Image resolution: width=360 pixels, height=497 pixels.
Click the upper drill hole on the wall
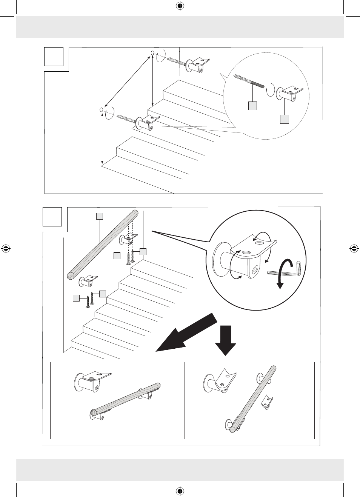point(152,53)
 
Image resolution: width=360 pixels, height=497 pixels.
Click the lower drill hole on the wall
point(101,109)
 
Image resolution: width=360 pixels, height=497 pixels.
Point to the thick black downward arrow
point(225,340)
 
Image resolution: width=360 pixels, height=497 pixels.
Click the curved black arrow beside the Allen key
point(284,272)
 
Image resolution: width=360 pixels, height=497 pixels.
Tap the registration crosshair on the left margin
point(6,249)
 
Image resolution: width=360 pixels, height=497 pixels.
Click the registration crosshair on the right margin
point(354,249)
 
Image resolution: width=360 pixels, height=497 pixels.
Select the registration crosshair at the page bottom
point(180,491)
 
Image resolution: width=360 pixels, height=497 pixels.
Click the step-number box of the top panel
point(54,57)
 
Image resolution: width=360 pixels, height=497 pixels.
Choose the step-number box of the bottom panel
point(52,217)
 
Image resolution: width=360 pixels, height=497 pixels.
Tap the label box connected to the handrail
point(99,216)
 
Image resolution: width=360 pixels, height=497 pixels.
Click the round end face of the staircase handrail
point(71,275)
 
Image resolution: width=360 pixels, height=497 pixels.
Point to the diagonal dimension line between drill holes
point(127,81)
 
